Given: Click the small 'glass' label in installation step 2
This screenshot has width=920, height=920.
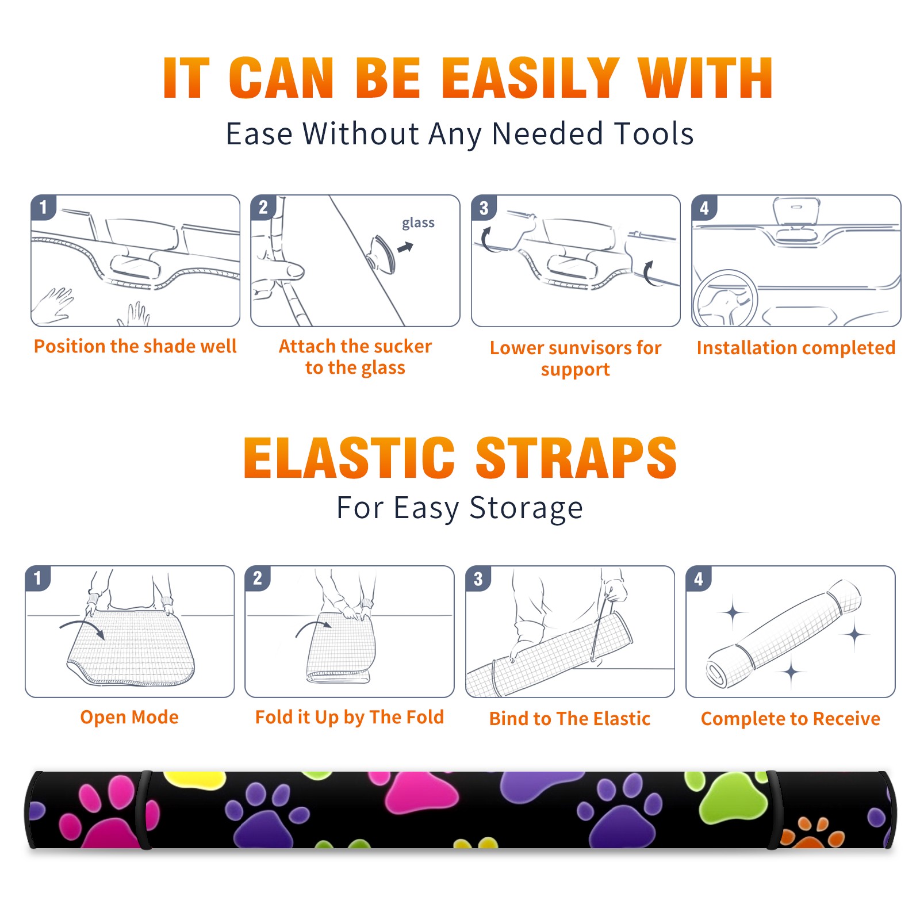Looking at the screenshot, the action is click(x=418, y=223).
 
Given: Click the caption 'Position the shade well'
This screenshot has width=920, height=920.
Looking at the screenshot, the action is click(x=135, y=346).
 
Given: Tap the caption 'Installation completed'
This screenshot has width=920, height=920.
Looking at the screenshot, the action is click(x=796, y=347).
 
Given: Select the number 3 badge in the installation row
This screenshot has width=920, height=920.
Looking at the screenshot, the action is click(x=484, y=208).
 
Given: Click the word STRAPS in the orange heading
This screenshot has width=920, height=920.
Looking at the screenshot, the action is click(x=576, y=458).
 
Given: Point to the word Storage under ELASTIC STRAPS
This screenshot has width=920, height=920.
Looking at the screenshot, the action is click(x=526, y=509).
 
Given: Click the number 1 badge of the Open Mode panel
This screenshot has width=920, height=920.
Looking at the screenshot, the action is click(x=38, y=578).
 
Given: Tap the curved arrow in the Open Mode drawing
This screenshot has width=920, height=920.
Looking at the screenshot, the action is click(x=82, y=627).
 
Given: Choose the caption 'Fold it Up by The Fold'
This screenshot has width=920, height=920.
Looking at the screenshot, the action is click(x=350, y=717).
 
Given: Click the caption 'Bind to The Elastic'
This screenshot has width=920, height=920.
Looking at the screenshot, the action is click(x=570, y=719).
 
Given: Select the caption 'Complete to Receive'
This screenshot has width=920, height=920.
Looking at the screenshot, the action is click(x=791, y=719).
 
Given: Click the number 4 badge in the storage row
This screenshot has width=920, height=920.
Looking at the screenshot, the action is click(x=699, y=578).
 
